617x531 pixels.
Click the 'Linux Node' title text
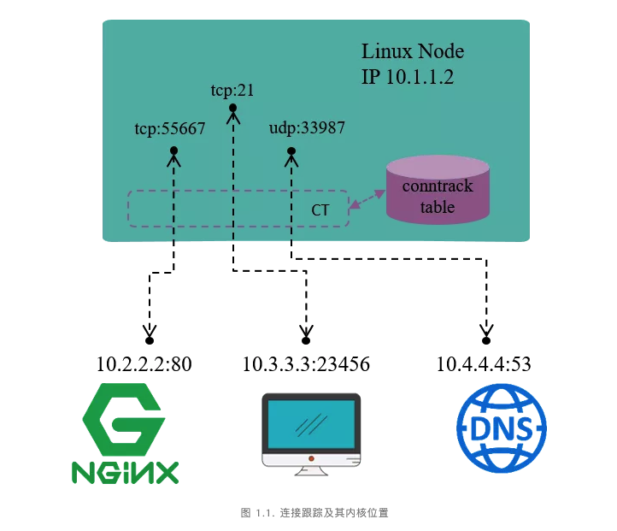pos(413,51)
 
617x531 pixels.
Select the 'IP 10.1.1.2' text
pos(407,77)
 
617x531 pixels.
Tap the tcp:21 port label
pos(232,89)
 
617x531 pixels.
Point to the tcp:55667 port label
pos(170,130)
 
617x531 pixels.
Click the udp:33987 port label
pos(307,128)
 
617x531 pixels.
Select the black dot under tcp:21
pos(232,108)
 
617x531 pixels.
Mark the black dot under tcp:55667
pos(173,151)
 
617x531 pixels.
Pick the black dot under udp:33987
pos(291,152)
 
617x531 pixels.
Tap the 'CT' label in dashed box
pos(320,209)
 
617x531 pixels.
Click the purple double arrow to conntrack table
pos(366,198)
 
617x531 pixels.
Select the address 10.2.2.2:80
pos(144,365)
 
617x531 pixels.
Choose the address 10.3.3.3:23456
pos(306,365)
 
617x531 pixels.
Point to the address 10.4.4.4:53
pos(484,365)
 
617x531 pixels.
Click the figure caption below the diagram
pos(315,513)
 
